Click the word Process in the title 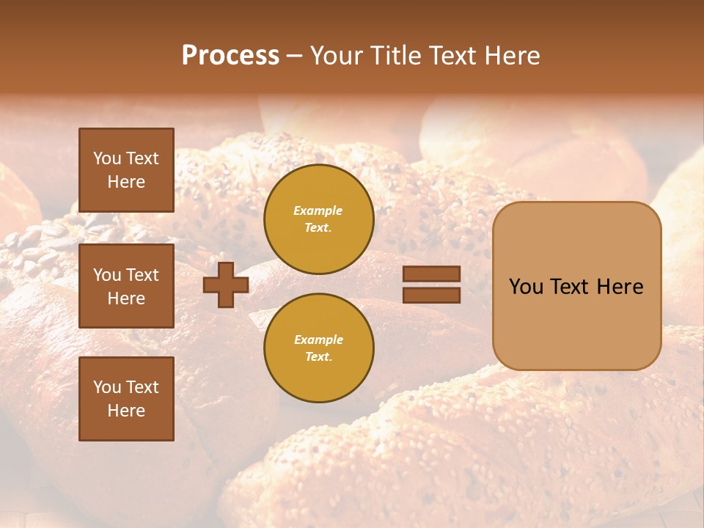tap(230, 56)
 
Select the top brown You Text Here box tap(126, 170)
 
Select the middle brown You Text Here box tap(126, 286)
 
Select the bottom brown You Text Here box tap(126, 399)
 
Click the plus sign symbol tap(226, 285)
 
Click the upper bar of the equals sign tap(432, 274)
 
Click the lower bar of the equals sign tap(432, 296)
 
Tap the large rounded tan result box tap(576, 323)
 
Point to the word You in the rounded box tap(527, 287)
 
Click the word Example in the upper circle tap(318, 210)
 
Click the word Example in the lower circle tap(318, 340)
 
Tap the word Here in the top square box tap(126, 182)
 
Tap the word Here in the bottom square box tap(126, 411)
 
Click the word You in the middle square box tap(108, 275)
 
